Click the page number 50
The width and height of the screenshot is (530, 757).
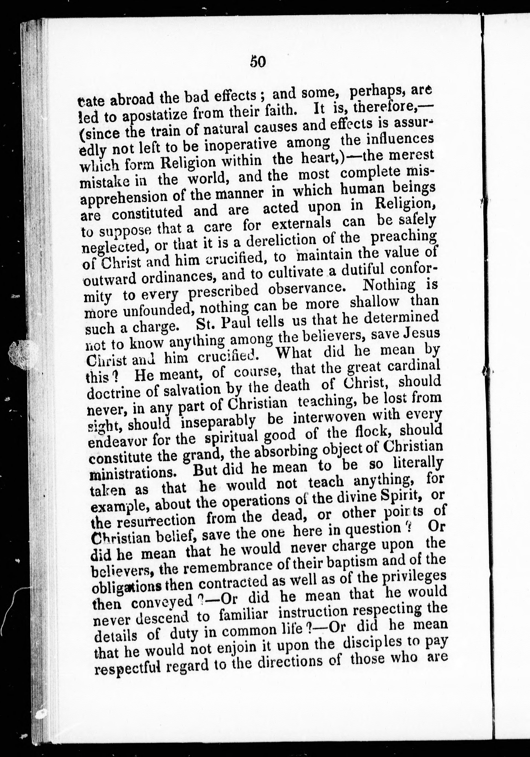click(x=258, y=61)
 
